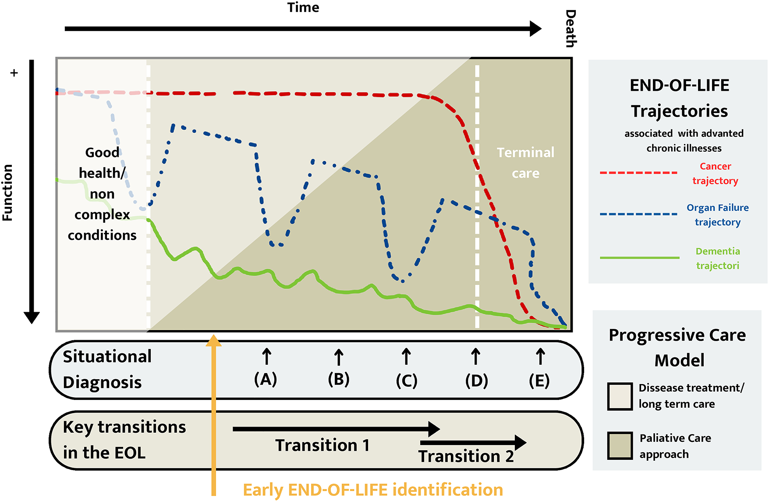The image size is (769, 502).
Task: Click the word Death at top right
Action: point(570,29)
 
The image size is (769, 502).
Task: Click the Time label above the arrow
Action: point(303,7)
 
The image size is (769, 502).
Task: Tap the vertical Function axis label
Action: point(7,192)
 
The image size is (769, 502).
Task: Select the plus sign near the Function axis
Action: point(14,73)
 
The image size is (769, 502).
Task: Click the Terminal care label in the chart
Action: point(525,163)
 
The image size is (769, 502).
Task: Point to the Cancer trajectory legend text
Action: point(715,173)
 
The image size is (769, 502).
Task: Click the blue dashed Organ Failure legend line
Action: point(638,214)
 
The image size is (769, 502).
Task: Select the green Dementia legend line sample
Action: point(639,257)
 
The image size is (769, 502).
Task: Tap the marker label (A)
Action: point(266,379)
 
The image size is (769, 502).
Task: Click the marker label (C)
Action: point(406,380)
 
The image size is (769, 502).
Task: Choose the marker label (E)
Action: point(539,380)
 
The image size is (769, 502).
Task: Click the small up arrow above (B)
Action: point(338,357)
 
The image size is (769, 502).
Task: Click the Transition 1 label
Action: point(322,445)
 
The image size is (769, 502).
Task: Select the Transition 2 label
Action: point(466,456)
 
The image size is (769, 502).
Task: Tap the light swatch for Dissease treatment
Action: point(620,396)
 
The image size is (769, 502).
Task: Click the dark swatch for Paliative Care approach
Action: point(620,445)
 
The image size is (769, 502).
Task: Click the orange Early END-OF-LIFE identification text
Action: point(373,490)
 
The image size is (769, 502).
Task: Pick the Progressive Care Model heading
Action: point(678,348)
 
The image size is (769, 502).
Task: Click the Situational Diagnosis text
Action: point(107,369)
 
